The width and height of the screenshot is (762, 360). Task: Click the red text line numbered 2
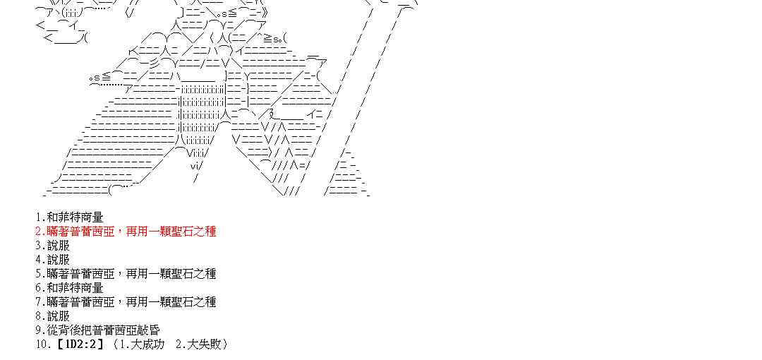click(x=126, y=232)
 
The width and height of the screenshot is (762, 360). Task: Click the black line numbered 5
click(x=126, y=274)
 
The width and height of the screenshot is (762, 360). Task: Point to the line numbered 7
click(x=126, y=302)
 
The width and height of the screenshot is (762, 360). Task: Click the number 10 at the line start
click(x=41, y=344)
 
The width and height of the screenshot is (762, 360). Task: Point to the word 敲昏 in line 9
click(x=149, y=330)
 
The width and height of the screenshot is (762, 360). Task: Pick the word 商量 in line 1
click(x=92, y=217)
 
